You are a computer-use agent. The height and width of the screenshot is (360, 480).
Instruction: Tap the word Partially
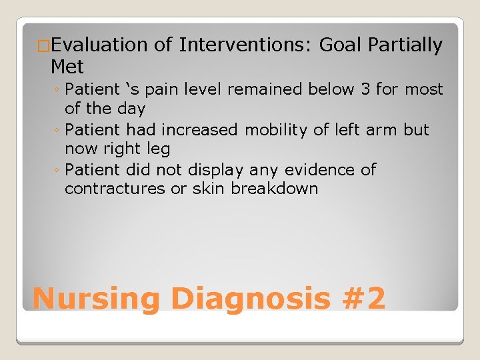(x=401, y=45)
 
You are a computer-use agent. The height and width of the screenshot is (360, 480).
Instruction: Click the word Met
(x=67, y=67)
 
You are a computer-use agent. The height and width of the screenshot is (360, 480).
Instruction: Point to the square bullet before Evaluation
(x=43, y=46)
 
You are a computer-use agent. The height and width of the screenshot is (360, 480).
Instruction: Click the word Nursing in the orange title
(x=96, y=298)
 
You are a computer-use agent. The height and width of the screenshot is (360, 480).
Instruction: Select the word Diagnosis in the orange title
(x=250, y=298)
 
